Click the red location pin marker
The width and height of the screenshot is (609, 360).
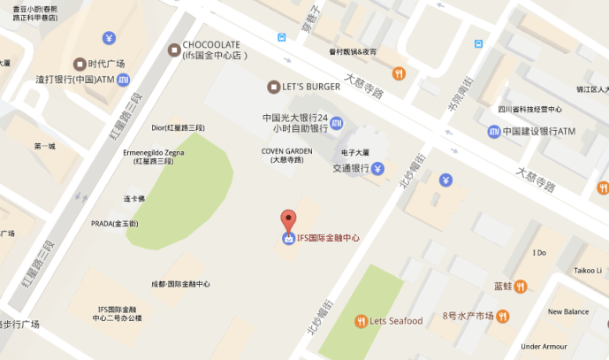288,220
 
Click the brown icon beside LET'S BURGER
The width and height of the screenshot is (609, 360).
273,86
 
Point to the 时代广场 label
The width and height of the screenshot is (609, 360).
107,63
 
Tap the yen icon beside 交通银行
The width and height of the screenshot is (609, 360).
377,168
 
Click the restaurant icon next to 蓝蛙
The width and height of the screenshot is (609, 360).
521,286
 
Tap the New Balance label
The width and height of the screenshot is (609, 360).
568,311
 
